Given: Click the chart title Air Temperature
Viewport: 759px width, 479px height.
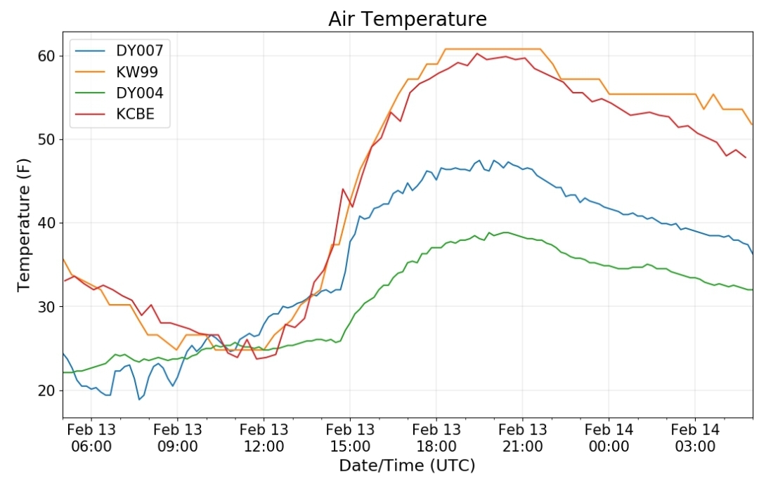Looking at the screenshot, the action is point(407,20).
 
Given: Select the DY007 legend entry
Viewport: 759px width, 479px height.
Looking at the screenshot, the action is point(119,51).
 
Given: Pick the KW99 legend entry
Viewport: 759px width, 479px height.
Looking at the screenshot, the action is point(117,72).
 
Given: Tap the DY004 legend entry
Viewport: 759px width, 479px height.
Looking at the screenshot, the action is point(119,93).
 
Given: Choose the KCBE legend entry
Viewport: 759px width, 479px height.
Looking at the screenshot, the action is point(115,114).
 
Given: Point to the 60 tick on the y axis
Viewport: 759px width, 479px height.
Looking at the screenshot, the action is point(47,56).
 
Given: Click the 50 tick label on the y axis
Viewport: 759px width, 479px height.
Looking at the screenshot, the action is point(47,140).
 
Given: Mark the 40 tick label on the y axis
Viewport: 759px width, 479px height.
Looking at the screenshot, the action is point(47,223).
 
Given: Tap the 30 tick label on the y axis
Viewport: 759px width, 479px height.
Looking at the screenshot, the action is point(47,307).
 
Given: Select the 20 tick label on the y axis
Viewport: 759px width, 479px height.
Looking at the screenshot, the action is point(47,391).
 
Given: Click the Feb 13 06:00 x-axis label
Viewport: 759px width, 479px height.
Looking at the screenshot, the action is point(91,438).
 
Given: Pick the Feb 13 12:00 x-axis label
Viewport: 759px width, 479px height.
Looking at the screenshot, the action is point(264,438).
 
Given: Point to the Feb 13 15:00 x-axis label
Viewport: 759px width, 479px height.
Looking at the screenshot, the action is point(350,438).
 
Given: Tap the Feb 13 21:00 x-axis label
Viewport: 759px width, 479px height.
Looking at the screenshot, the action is point(523,438).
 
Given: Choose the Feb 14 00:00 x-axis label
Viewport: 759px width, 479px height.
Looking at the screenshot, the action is point(609,438).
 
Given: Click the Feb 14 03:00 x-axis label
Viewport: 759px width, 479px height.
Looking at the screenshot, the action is point(695,438).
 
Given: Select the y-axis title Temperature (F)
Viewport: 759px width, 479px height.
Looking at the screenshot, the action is point(23,225).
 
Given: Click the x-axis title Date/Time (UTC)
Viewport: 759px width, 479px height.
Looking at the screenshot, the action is point(407,466).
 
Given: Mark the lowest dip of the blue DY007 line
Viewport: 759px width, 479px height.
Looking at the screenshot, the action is point(139,399).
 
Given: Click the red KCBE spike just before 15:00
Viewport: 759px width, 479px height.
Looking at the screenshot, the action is point(343,189).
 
